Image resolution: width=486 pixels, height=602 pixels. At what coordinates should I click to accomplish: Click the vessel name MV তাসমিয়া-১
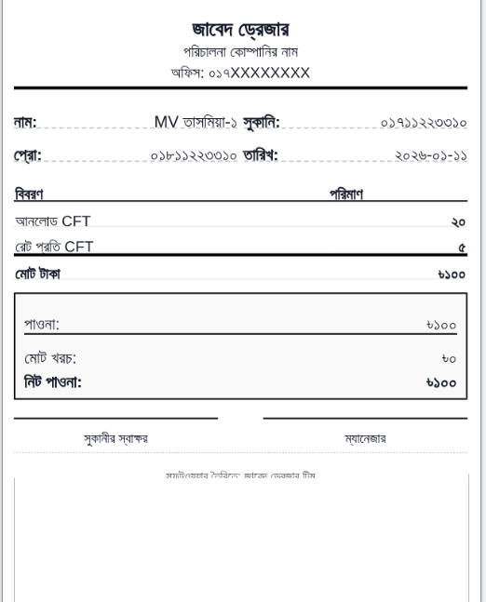[196, 122]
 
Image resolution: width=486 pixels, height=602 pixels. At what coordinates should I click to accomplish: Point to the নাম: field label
[26, 122]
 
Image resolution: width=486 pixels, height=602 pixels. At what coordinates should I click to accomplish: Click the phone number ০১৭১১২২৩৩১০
[425, 122]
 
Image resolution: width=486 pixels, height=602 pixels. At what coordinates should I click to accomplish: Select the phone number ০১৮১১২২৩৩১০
[194, 154]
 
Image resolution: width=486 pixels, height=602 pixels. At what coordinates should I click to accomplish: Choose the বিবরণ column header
[30, 194]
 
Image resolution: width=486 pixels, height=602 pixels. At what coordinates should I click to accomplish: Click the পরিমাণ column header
[345, 194]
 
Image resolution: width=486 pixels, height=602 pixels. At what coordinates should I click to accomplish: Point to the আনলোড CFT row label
[52, 221]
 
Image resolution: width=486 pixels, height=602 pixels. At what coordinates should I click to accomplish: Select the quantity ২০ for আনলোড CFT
[457, 222]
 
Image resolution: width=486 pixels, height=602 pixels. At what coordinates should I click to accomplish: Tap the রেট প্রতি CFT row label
[53, 247]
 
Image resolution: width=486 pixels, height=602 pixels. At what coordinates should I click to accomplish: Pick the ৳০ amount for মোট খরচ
[447, 358]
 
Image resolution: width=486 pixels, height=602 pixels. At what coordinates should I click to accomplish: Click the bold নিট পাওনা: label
[52, 381]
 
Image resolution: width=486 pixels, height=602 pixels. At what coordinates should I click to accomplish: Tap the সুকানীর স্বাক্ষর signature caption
[115, 437]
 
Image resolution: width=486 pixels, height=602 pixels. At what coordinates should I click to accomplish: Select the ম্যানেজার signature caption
[365, 437]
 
